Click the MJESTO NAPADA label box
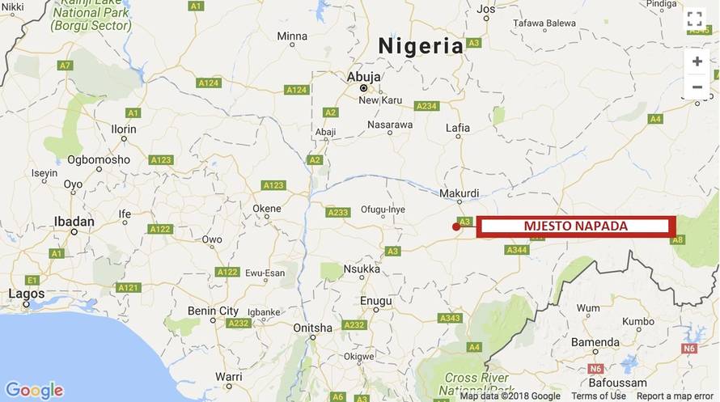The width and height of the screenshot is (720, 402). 576,226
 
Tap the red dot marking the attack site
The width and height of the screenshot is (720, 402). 456,227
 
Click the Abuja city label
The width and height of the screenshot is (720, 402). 363,77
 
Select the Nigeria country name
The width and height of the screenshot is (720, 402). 421,46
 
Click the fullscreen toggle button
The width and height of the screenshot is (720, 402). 695,20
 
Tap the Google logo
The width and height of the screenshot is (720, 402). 34,390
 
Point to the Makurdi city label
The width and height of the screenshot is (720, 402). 459,193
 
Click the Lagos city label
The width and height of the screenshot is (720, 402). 27,294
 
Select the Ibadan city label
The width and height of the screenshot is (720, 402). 74,220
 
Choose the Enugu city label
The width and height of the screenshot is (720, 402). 375,301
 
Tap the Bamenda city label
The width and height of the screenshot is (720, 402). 595,343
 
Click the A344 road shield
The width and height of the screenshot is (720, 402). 516,250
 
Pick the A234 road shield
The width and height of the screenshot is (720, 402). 426,106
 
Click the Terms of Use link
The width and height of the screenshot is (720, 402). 598,396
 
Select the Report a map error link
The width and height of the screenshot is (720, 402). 675,396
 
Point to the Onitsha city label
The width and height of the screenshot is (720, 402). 312,328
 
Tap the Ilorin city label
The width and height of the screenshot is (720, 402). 123,129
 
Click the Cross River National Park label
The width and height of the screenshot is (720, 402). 477,383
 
